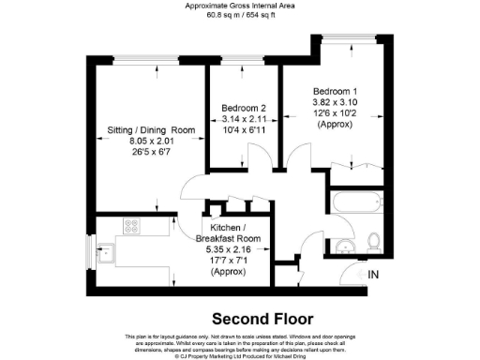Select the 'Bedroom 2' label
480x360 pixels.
click(244, 108)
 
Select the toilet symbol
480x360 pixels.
click(372, 242)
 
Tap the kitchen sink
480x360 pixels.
click(106, 251)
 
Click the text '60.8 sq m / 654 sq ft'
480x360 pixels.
click(240, 15)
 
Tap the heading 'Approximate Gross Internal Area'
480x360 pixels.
click(240, 6)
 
